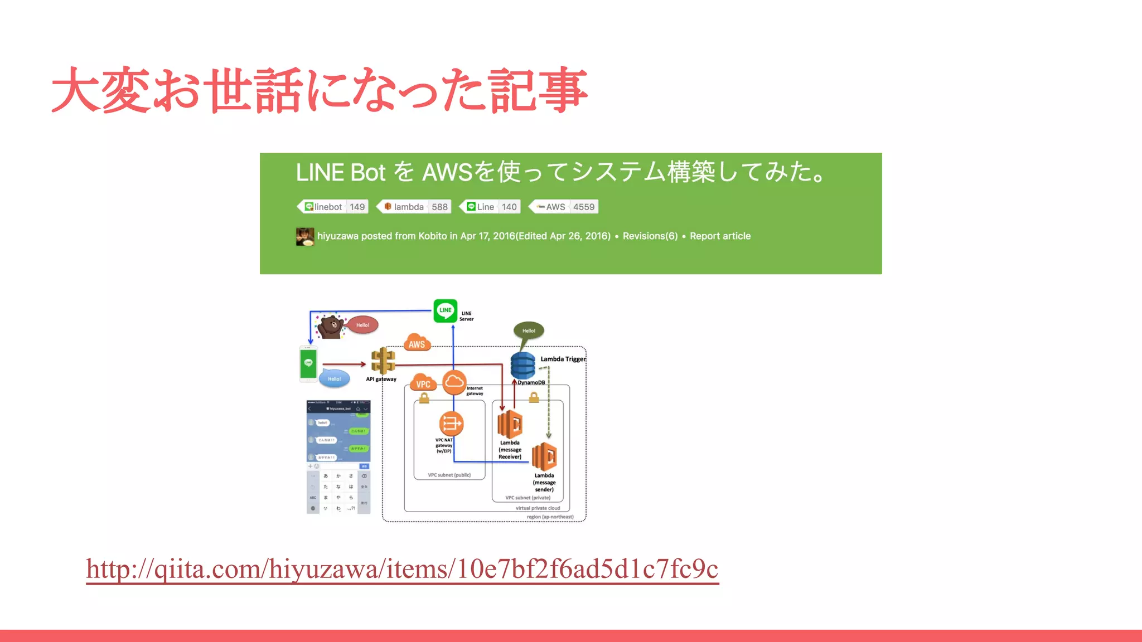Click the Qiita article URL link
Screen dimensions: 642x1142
(402, 570)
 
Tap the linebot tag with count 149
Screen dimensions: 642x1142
(333, 207)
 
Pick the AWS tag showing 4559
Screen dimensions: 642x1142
(563, 207)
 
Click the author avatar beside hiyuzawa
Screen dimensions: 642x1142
(305, 236)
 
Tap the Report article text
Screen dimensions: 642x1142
(720, 236)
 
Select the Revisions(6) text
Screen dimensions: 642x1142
(650, 236)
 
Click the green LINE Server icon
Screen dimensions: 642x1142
(446, 311)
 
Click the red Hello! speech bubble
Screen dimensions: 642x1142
(362, 325)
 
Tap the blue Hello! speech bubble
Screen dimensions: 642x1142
(334, 378)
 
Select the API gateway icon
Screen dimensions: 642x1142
(383, 361)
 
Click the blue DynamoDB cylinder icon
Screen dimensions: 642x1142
(523, 366)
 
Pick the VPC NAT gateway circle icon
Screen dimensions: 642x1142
(451, 424)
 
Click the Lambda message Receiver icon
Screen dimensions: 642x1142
(510, 425)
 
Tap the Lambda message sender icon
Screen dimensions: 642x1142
(544, 457)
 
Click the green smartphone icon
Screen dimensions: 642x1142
(308, 363)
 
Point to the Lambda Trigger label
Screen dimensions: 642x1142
(563, 359)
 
